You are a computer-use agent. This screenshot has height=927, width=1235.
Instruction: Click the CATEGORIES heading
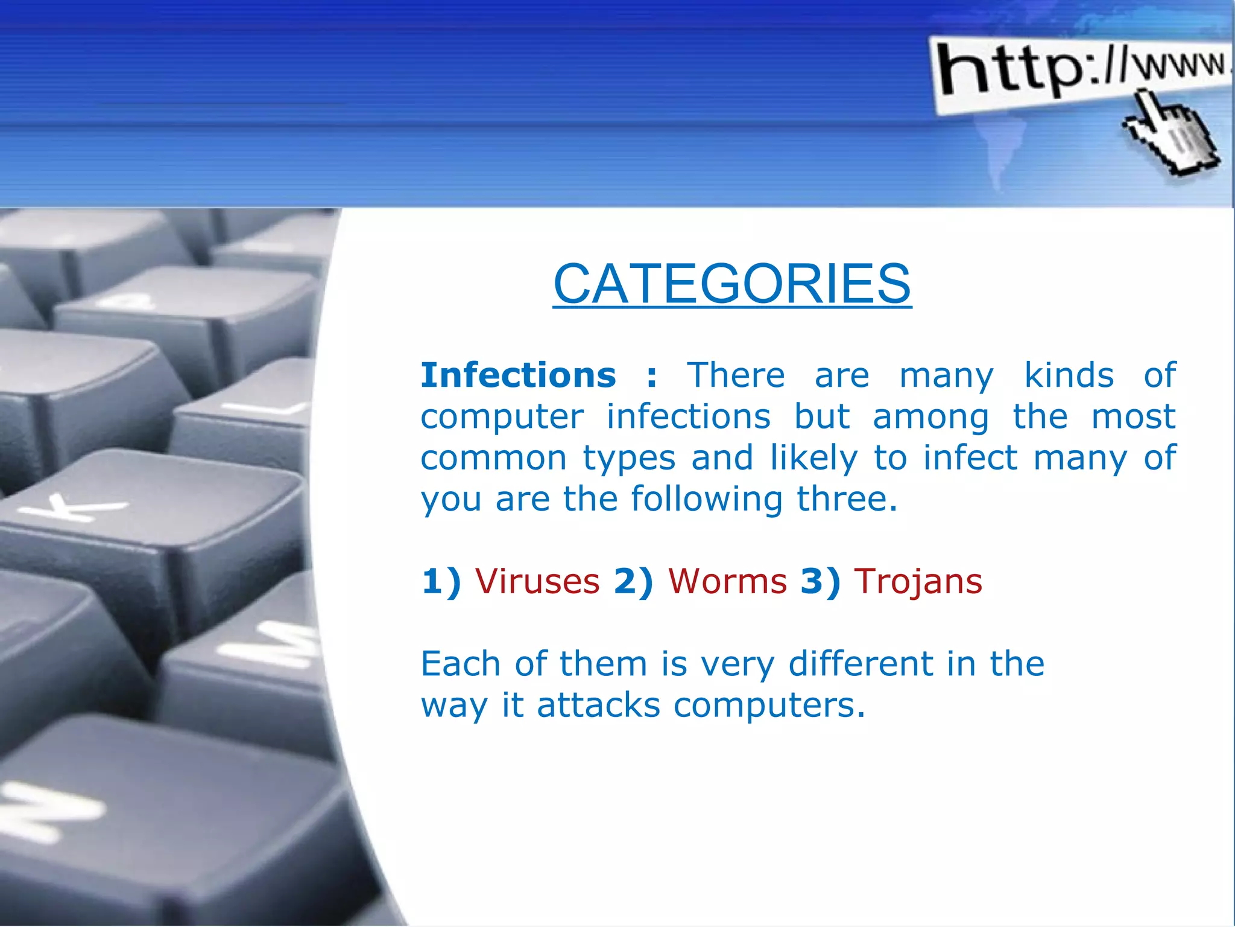[x=732, y=284]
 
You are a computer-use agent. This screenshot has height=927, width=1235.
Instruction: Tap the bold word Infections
[x=519, y=375]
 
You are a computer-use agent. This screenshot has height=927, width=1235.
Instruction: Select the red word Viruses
[x=537, y=582]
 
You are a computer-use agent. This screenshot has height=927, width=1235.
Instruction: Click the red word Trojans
[x=918, y=582]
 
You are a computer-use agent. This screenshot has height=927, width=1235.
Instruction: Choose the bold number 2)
[x=633, y=582]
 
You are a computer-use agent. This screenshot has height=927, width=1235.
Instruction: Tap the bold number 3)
[x=820, y=582]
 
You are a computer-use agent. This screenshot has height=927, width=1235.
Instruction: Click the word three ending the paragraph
[x=847, y=500]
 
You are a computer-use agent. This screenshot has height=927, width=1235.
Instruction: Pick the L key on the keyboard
[x=265, y=410]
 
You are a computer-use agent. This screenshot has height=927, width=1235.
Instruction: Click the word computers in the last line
[x=768, y=705]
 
